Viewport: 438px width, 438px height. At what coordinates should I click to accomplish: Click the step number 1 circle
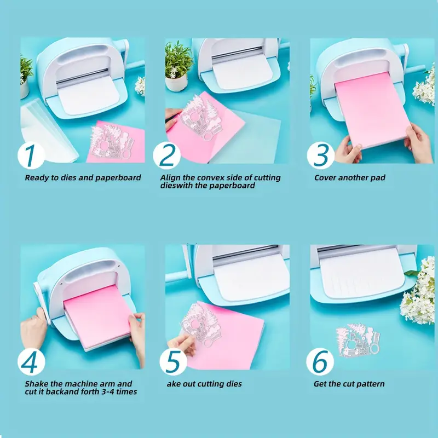point(31,155)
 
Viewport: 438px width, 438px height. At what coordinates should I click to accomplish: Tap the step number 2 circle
point(167,155)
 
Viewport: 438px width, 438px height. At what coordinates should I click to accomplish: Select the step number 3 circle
point(321,155)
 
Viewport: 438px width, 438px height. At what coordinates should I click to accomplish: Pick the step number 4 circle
point(31,362)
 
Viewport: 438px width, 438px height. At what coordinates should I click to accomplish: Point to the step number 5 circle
point(173,362)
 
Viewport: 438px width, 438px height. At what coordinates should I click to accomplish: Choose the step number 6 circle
point(320,362)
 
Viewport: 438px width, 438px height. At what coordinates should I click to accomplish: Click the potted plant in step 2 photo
point(178,67)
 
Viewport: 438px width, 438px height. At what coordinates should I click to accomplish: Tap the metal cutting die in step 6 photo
point(358,339)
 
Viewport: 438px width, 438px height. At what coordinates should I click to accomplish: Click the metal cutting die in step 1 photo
point(112,142)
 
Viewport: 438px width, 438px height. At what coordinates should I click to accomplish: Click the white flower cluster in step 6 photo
point(418,292)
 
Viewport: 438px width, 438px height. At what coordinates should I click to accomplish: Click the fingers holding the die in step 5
point(182,344)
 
